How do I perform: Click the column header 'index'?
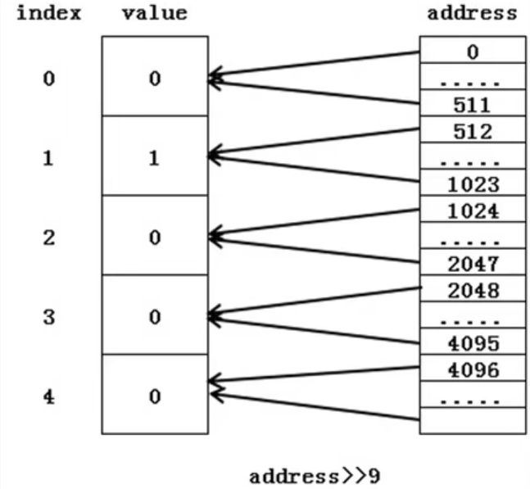point(48,13)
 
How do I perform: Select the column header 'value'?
point(154,13)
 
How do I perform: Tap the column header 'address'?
point(473,13)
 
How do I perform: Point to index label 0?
point(48,79)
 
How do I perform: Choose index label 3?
point(48,317)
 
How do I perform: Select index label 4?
point(48,396)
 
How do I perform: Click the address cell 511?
point(472,106)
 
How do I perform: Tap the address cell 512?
point(472,131)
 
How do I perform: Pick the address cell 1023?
point(472,184)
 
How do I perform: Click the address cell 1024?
point(472,211)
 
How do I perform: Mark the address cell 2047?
point(472,264)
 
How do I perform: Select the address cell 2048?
point(472,290)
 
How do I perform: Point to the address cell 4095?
point(472,343)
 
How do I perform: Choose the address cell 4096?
point(472,369)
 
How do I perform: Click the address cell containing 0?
point(472,52)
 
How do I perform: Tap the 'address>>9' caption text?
point(315,474)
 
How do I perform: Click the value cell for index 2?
point(154,238)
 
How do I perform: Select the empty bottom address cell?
point(472,422)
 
